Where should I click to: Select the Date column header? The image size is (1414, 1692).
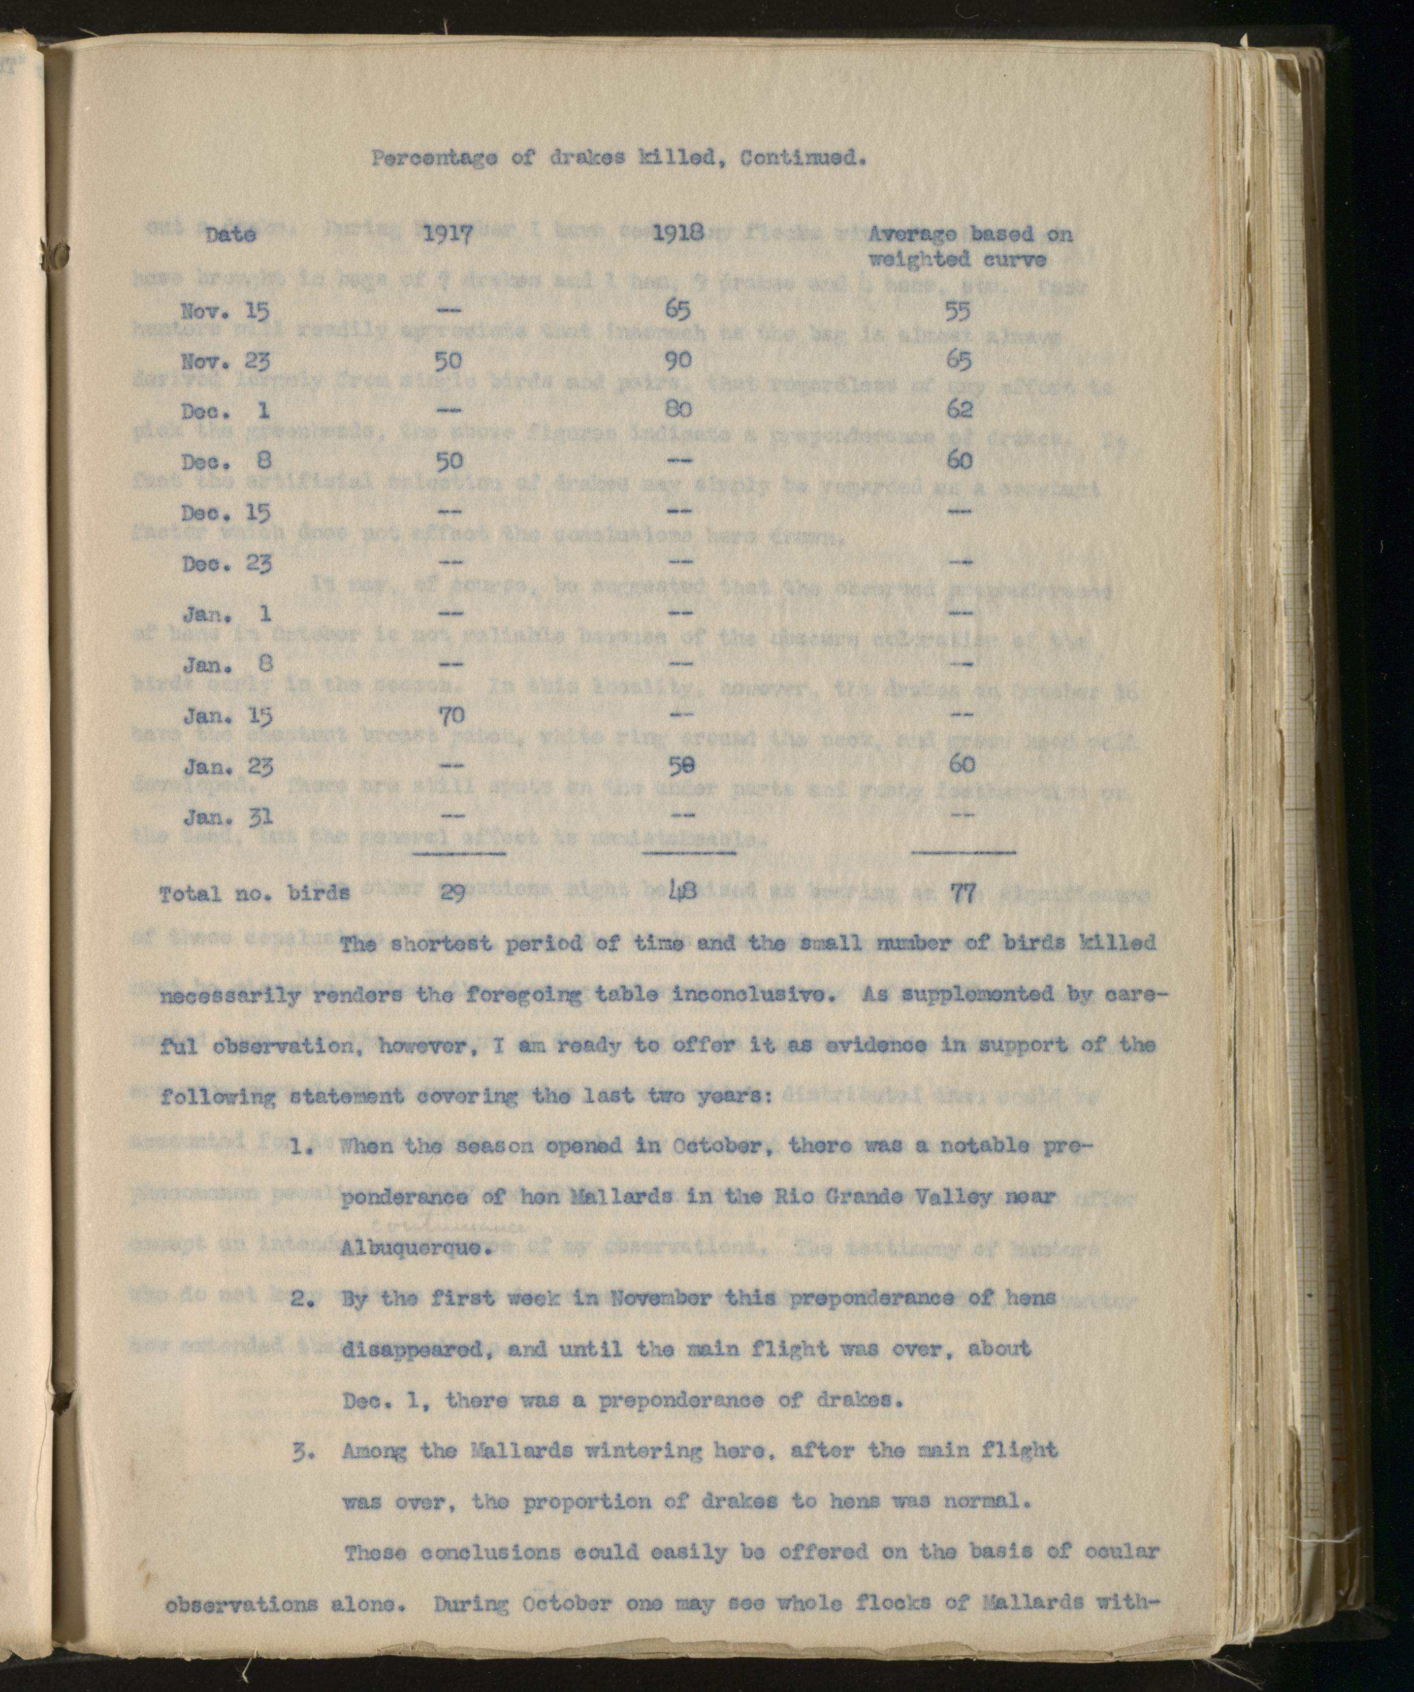231,235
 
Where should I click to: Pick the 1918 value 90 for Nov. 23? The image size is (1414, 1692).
679,360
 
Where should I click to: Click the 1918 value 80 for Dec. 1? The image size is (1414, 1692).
679,409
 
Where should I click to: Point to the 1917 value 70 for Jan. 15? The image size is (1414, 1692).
452,714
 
